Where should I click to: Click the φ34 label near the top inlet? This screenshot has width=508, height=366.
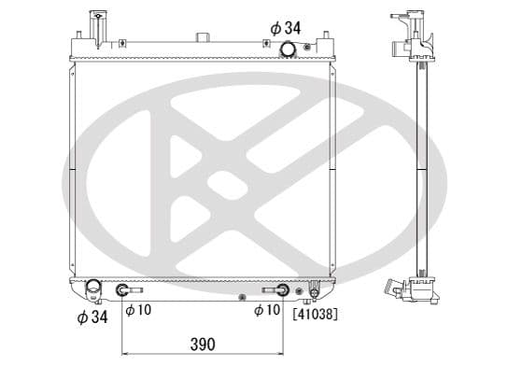(x=285, y=28)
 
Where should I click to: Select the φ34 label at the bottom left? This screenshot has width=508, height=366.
(x=92, y=317)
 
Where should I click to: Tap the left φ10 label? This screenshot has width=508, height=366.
(x=139, y=310)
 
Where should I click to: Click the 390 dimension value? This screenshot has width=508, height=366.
(x=203, y=345)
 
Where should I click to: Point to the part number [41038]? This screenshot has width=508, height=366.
(x=315, y=314)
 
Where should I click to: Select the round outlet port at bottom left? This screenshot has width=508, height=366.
(x=92, y=289)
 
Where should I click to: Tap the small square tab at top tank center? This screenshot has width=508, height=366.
(x=203, y=38)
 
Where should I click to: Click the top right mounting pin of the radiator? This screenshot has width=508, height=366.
(x=327, y=40)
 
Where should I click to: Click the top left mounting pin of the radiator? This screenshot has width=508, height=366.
(x=78, y=40)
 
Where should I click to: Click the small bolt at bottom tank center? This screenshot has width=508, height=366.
(x=242, y=298)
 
